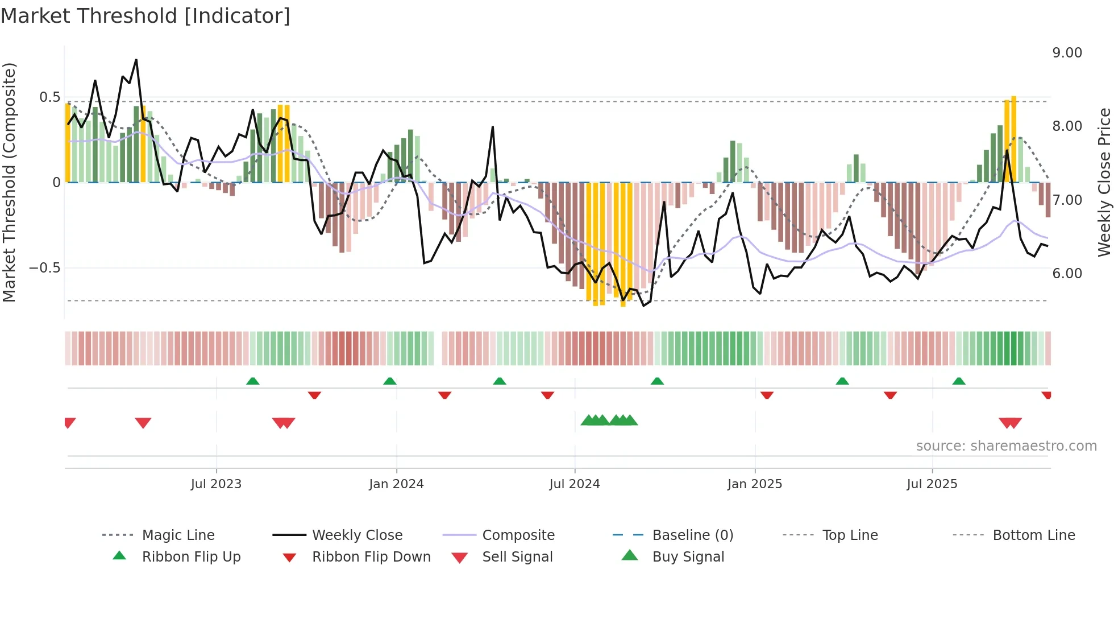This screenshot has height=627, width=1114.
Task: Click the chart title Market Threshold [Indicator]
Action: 146,16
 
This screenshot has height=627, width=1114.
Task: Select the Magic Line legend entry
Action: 178,535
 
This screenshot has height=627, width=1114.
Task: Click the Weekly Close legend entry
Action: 357,535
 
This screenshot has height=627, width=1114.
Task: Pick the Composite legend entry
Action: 518,535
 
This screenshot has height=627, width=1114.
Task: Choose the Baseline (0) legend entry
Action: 692,535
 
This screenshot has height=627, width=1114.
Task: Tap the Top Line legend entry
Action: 850,535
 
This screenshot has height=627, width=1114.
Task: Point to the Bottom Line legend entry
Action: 1033,535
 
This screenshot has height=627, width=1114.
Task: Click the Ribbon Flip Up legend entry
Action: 191,557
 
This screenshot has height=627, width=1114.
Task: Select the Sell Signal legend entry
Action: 517,557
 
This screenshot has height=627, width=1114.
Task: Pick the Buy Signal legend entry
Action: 688,557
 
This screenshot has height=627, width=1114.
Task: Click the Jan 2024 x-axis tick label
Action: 396,484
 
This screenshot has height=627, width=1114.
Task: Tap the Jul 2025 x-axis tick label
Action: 932,484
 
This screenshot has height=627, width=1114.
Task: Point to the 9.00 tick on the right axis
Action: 1067,53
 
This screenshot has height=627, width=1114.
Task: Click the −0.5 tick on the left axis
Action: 45,268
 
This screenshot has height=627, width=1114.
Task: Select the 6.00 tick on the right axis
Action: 1067,274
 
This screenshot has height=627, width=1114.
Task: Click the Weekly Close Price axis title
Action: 1104,182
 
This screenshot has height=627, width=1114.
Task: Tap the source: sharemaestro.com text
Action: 1006,446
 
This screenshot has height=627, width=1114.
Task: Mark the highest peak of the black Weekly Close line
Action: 136,60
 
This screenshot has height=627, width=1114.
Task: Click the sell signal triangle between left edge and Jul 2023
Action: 143,423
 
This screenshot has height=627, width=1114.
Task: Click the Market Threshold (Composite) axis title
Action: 9,182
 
